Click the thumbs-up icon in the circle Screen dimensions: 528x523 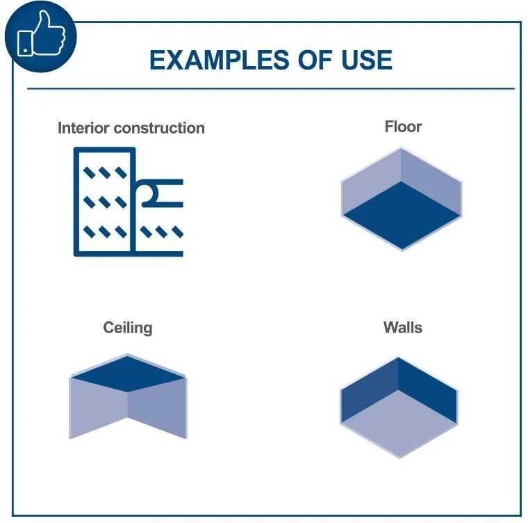click(x=41, y=34)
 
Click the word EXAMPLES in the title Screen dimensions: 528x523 click(x=220, y=60)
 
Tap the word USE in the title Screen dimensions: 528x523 click(x=367, y=60)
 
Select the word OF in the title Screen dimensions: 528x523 click(x=315, y=60)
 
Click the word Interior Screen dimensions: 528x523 click(x=83, y=128)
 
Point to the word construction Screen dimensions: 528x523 click(x=159, y=128)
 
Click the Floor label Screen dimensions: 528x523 click(x=403, y=127)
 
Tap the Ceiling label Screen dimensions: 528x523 click(x=128, y=328)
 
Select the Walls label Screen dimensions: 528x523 click(x=403, y=328)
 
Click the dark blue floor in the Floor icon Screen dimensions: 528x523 click(x=402, y=215)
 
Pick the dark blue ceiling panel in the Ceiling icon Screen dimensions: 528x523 click(x=128, y=374)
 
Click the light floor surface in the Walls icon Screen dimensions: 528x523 click(x=399, y=423)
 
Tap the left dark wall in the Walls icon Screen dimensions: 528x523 click(x=370, y=390)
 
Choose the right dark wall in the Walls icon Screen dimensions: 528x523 click(x=428, y=390)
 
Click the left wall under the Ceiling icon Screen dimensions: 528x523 click(x=99, y=408)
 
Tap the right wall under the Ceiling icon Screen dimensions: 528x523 click(x=157, y=408)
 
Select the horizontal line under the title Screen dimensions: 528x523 click(x=271, y=89)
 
